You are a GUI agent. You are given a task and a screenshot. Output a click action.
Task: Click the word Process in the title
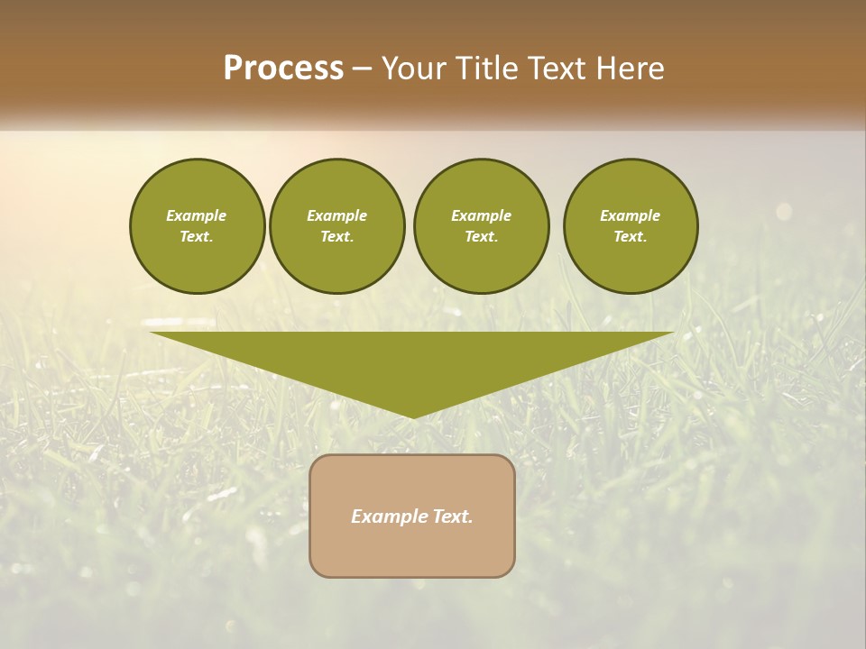tap(283, 69)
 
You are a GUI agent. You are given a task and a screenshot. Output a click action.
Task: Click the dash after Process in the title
tap(362, 69)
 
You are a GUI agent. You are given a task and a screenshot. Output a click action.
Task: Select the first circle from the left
tap(198, 226)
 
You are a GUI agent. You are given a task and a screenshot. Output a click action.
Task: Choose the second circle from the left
tap(337, 226)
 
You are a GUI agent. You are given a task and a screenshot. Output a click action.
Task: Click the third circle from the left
tap(481, 226)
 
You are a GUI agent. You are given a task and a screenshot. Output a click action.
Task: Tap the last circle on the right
tap(631, 226)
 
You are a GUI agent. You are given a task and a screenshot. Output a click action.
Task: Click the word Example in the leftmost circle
tap(196, 215)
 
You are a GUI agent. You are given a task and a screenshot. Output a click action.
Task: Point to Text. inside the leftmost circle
tap(196, 237)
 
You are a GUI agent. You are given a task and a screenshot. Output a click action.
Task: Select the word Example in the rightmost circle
tap(630, 215)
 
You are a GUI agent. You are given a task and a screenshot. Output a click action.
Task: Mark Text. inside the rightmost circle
tap(630, 237)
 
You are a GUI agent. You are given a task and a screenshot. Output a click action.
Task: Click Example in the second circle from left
tap(336, 215)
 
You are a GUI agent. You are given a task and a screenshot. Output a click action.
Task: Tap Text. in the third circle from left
tap(481, 237)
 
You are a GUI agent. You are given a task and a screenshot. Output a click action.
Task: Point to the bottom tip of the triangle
tap(412, 416)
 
